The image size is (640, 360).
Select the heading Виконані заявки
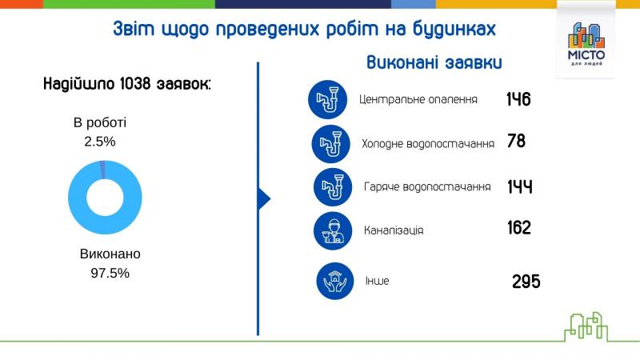pyautogui.click(x=434, y=63)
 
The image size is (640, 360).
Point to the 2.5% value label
pyautogui.click(x=100, y=141)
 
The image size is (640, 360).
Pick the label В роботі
pyautogui.click(x=100, y=123)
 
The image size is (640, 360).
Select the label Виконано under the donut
pyautogui.click(x=110, y=254)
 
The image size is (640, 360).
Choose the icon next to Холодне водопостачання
pyautogui.click(x=330, y=143)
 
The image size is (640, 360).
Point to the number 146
pyautogui.click(x=518, y=100)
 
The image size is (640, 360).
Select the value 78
pyautogui.click(x=516, y=142)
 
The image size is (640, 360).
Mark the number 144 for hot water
pyautogui.click(x=520, y=186)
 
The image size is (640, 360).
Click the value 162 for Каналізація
pyautogui.click(x=519, y=228)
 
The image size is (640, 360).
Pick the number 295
pyautogui.click(x=526, y=282)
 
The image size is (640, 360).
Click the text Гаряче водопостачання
pyautogui.click(x=426, y=186)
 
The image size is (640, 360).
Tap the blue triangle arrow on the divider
pyautogui.click(x=265, y=198)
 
